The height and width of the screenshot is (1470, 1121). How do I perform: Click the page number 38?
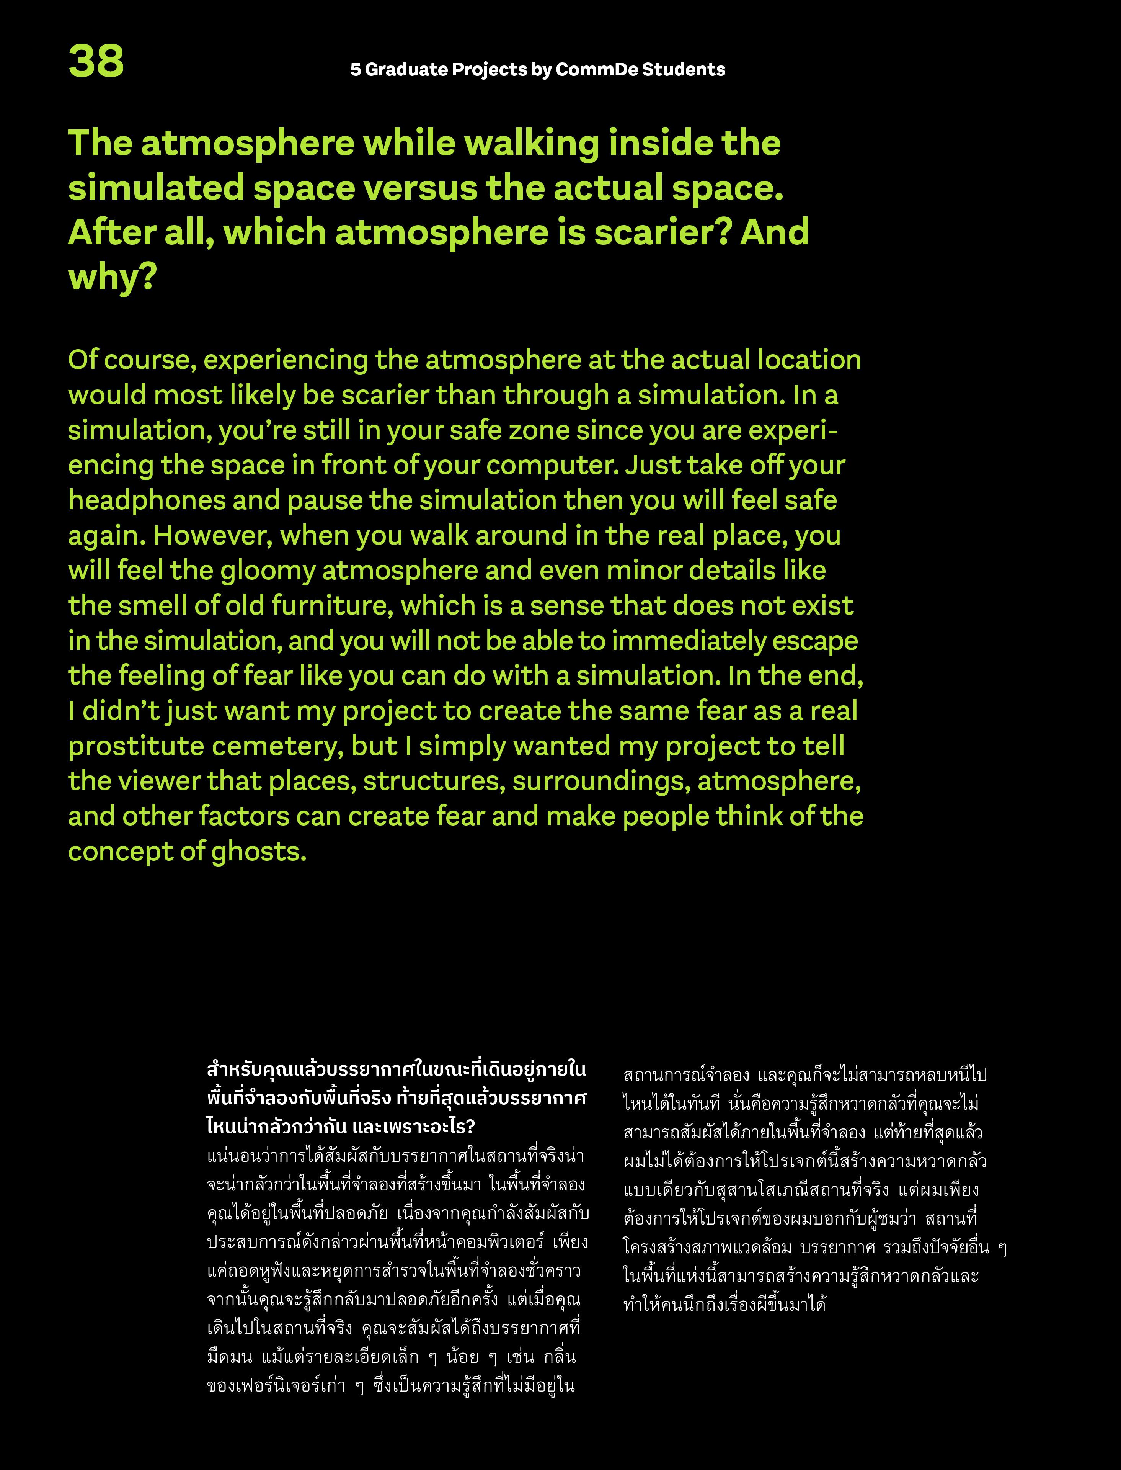coord(96,61)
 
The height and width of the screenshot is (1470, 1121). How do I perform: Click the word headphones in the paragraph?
coord(147,501)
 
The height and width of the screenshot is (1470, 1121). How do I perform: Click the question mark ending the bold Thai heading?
coord(470,1127)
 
